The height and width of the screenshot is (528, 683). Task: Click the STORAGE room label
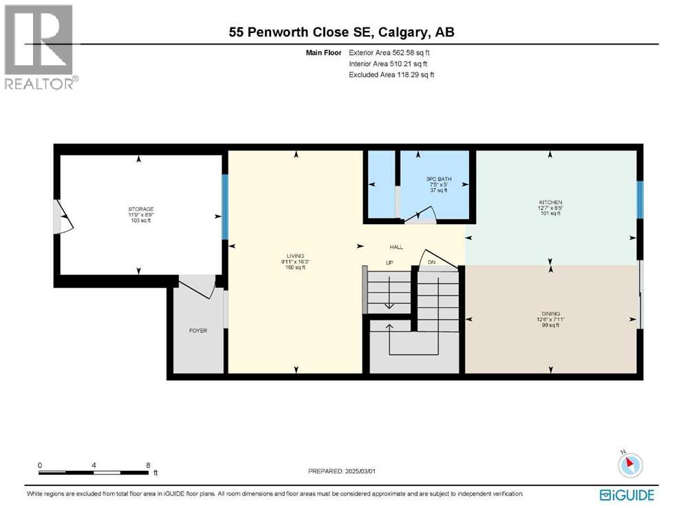140,209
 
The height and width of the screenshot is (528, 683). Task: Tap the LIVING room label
296,256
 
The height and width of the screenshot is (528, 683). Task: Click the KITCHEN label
550,202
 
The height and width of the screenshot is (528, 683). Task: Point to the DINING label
550,313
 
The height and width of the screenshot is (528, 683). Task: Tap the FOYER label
198,331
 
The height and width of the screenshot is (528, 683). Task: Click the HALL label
396,247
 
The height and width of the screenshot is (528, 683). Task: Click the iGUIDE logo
627,494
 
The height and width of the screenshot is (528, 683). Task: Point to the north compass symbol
629,464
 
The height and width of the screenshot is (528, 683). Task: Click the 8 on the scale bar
148,465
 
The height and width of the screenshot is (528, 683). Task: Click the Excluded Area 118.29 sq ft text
391,74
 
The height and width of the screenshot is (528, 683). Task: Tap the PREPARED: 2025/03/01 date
343,471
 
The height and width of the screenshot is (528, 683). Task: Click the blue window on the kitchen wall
640,199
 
